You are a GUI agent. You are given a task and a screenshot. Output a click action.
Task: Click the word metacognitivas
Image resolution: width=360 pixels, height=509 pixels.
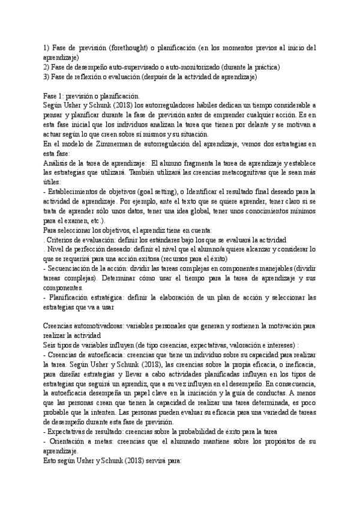pyautogui.click(x=248, y=173)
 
